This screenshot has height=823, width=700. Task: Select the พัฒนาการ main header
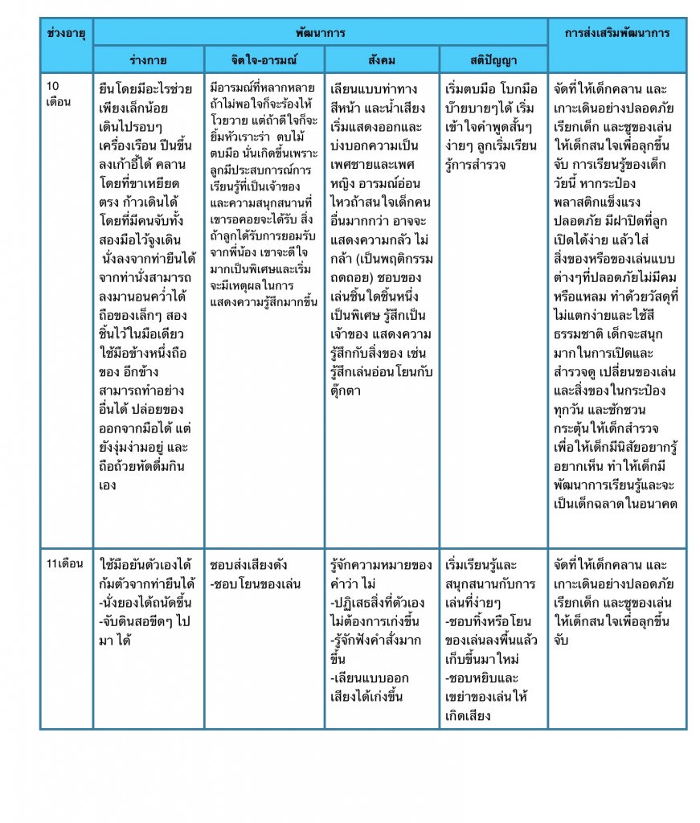click(x=319, y=33)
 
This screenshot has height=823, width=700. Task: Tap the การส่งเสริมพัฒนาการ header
click(x=616, y=33)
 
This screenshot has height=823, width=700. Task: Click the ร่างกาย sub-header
click(x=148, y=59)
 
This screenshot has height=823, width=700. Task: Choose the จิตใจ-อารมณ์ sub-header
click(x=264, y=59)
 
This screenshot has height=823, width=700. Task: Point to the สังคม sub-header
click(x=382, y=59)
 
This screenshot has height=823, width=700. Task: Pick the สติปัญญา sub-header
click(x=493, y=59)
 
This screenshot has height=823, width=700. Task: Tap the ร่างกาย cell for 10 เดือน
click(x=148, y=285)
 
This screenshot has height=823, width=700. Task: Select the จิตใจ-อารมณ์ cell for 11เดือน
click(x=264, y=573)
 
